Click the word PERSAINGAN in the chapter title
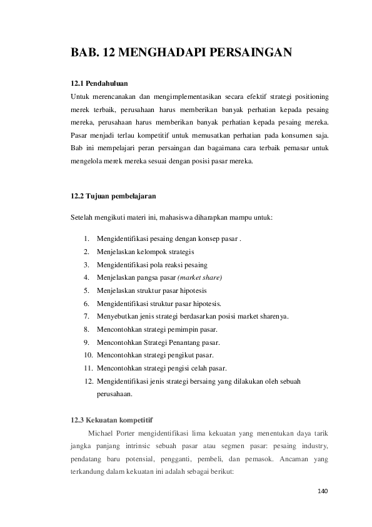pyautogui.click(x=250, y=53)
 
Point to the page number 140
pyautogui.click(x=322, y=490)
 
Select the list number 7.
pyautogui.click(x=86, y=317)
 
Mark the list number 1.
pyautogui.click(x=86, y=239)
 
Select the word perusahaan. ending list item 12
pyautogui.click(x=114, y=394)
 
